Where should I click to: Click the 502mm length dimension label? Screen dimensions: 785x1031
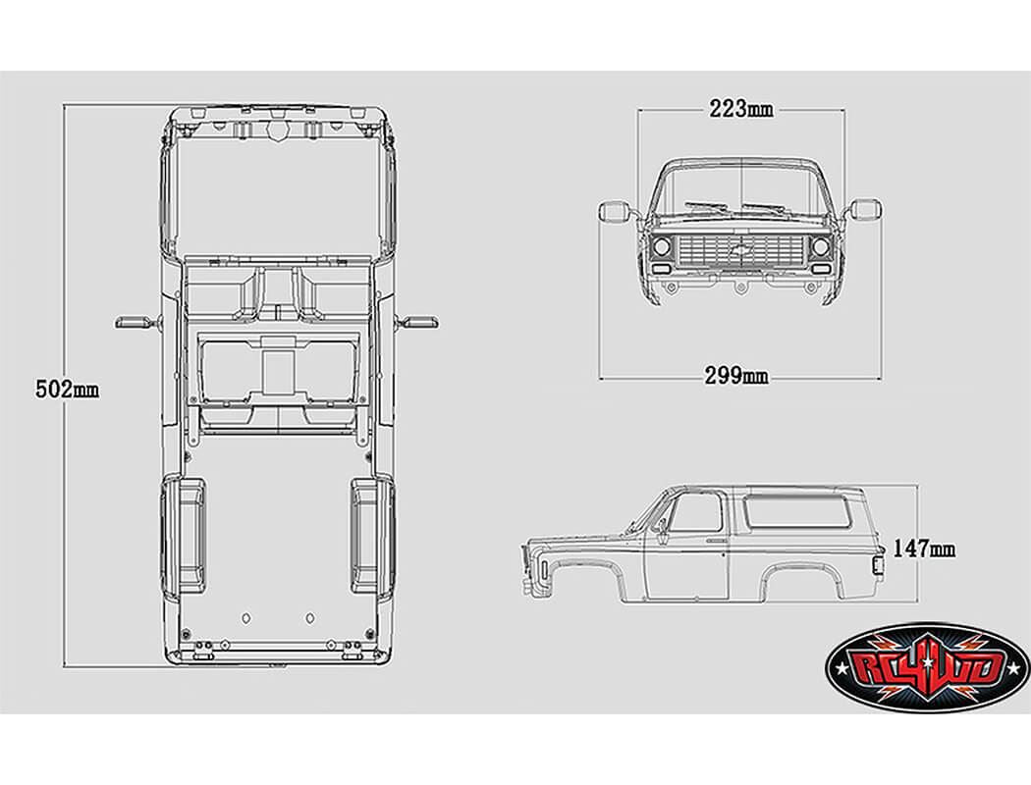67,389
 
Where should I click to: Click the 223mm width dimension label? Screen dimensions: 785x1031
740,108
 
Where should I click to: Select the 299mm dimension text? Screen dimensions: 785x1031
736,375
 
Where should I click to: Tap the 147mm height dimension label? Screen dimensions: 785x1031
924,549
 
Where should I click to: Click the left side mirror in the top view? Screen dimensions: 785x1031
134,320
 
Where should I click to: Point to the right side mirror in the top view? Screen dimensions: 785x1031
420,320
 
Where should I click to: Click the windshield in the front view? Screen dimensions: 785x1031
741,192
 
